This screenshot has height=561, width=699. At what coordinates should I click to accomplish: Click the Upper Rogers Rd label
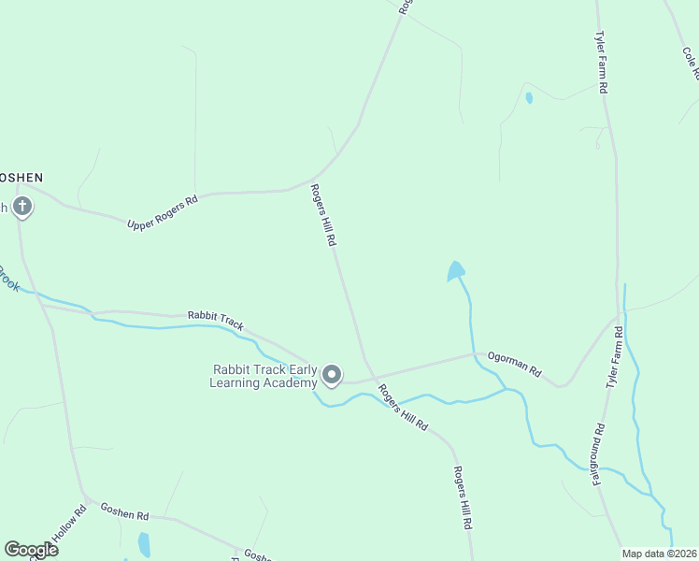(x=163, y=212)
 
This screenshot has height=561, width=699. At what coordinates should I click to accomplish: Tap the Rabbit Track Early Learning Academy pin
(x=332, y=375)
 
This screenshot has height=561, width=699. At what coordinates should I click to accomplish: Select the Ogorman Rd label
(x=514, y=364)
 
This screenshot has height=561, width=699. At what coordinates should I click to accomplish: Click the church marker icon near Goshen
(x=21, y=207)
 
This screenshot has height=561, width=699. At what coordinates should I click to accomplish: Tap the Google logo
(x=31, y=549)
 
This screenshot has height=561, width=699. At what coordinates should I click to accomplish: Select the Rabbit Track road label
(x=215, y=321)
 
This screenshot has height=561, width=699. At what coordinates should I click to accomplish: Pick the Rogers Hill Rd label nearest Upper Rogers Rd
(x=323, y=215)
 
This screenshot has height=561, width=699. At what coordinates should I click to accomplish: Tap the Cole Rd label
(x=691, y=63)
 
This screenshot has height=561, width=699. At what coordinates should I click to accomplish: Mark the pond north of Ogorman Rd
(x=456, y=271)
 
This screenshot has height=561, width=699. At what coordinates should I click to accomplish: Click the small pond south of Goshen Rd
(x=144, y=543)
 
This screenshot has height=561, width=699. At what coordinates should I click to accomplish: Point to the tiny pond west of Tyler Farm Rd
(x=529, y=97)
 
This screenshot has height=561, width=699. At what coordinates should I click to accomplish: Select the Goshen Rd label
(x=124, y=514)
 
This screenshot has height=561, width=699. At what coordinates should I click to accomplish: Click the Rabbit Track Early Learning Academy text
(x=264, y=376)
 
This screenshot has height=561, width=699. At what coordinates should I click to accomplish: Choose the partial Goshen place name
(x=21, y=177)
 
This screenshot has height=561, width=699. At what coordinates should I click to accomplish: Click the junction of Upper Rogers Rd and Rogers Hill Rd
(x=314, y=178)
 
